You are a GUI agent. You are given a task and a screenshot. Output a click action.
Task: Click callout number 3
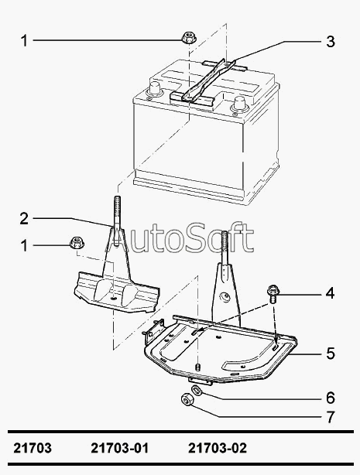click(x=331, y=42)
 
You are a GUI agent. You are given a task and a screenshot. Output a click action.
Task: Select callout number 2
click(x=24, y=219)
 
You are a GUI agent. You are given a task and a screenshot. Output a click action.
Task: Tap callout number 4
click(x=331, y=293)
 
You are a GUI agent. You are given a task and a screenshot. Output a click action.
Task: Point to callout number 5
click(x=331, y=354)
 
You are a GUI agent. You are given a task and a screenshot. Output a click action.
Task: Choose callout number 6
click(x=331, y=398)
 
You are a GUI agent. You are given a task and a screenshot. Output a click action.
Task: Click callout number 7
click(x=331, y=417)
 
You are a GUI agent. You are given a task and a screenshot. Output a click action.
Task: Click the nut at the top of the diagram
click(x=189, y=38)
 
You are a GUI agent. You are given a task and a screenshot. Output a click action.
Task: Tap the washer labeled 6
click(x=197, y=390)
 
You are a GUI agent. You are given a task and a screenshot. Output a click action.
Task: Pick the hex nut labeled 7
click(x=186, y=399)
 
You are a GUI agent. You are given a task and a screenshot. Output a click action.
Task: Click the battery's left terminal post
click(x=154, y=88)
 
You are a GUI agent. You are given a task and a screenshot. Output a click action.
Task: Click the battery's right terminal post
click(x=238, y=103)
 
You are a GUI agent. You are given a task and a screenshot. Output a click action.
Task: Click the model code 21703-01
click(x=120, y=448)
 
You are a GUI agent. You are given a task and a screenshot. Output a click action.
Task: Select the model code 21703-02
click(x=218, y=448)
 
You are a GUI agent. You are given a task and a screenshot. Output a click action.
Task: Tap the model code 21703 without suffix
click(x=33, y=448)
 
